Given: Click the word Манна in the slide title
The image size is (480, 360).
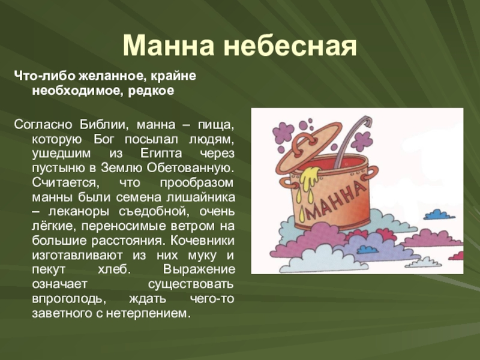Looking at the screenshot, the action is click(169, 46).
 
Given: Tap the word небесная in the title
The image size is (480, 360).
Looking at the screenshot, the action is click(290, 46).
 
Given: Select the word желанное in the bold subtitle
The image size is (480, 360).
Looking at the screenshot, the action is click(111, 76).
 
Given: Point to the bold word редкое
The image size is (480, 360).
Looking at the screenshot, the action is click(151, 91).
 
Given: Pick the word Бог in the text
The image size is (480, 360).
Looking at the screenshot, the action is click(104, 139).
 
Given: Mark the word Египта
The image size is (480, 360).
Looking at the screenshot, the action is click(161, 153).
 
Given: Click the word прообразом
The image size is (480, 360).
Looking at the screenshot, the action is click(197, 183).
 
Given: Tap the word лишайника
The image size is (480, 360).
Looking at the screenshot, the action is click(201, 197).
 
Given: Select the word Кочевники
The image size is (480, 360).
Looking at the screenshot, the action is click(202, 241).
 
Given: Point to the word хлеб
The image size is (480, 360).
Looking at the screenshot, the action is click(114, 269).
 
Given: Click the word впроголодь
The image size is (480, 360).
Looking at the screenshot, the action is click(69, 299).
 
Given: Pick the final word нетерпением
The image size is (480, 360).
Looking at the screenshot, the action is click(146, 313).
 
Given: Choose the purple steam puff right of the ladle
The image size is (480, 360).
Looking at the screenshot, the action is click(362, 142).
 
